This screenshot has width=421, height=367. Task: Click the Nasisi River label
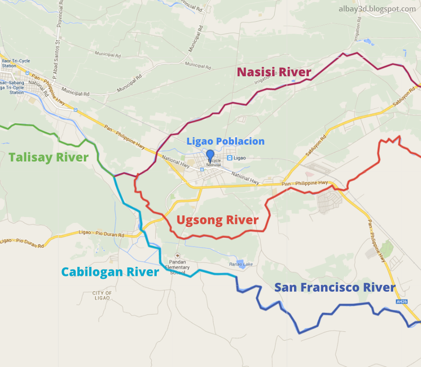pyautogui.click(x=274, y=72)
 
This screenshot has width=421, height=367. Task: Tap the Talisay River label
pyautogui.click(x=48, y=157)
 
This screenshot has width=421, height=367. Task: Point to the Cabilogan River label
pyautogui.click(x=110, y=272)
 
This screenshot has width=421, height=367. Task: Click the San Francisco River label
pyautogui.click(x=335, y=287)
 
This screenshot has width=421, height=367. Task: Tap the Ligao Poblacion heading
pyautogui.click(x=225, y=141)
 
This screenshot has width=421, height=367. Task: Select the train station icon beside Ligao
pyautogui.click(x=230, y=158)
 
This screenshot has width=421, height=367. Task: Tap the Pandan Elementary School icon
pyautogui.click(x=178, y=256)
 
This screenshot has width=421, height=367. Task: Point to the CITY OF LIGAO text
pyautogui.click(x=102, y=296)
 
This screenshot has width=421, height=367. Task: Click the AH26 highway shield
pyautogui.click(x=401, y=301)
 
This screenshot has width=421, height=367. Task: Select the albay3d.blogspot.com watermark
pyautogui.click(x=377, y=9)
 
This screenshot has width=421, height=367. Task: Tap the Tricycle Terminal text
pyautogui.click(x=214, y=163)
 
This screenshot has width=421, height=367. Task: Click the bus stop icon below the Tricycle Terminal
pyautogui.click(x=201, y=169)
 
